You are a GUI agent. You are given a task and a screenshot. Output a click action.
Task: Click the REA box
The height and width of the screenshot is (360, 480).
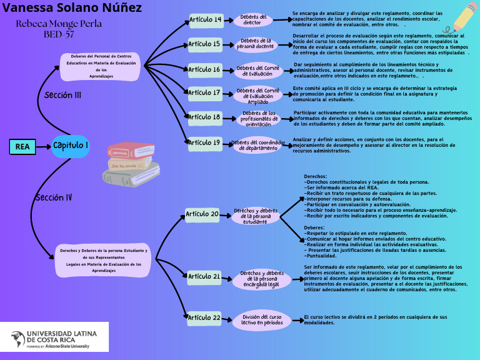click(x=22, y=147)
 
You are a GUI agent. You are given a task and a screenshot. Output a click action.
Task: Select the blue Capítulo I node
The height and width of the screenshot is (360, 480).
click(x=70, y=146)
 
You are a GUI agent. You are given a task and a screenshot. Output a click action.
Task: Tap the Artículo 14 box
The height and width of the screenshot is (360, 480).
click(x=205, y=20)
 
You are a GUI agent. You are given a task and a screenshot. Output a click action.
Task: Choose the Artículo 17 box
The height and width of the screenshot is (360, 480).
click(x=205, y=93)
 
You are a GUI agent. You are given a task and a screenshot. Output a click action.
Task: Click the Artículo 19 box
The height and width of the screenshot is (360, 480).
click(x=205, y=143)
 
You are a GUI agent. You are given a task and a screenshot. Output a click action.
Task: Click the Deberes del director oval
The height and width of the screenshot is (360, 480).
click(x=252, y=20)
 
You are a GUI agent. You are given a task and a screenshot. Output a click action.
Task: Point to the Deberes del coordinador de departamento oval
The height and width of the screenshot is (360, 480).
click(x=258, y=146)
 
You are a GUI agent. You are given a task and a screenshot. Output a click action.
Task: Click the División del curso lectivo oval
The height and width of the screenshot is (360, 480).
click(x=262, y=320)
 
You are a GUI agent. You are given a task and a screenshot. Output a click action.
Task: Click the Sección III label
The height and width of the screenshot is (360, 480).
click(x=62, y=96)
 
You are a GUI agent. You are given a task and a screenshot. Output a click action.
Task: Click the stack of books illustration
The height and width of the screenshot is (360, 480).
click(x=131, y=164)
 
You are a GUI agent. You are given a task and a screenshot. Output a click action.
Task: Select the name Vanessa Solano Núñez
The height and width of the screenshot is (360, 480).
click(x=72, y=8)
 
